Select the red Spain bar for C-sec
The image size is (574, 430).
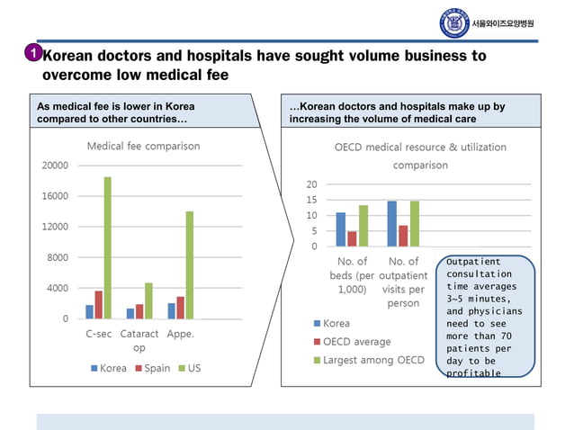coord(99,304)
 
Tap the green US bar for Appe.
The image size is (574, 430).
coord(190,264)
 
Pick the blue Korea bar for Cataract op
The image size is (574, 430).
coord(130,313)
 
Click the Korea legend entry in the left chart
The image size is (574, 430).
coord(107,368)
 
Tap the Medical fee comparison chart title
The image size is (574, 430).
coord(143,146)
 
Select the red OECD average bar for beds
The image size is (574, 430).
coord(352,238)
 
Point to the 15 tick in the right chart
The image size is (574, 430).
coord(311,200)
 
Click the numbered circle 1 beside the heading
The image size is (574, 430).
coord(31,55)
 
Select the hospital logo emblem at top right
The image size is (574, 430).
coord(454,22)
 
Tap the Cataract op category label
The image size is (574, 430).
coord(139,340)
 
